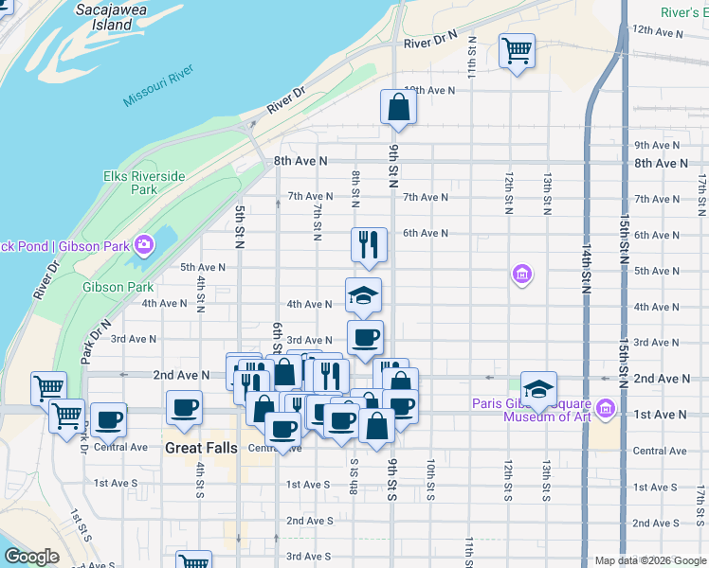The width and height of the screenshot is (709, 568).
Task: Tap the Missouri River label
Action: tap(158, 86)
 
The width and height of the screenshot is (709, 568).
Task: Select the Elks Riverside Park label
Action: tap(144, 183)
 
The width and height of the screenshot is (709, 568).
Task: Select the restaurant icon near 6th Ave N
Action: tap(367, 244)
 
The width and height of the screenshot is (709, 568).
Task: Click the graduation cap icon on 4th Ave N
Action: tap(363, 294)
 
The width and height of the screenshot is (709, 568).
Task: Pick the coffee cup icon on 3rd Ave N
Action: tap(365, 337)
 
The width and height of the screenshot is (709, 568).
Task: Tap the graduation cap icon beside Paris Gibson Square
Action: tap(537, 389)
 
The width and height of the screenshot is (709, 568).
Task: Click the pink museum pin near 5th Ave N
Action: tap(520, 275)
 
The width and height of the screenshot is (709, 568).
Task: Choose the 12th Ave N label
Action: tap(658, 31)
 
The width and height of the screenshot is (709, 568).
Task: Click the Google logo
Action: tap(31, 557)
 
